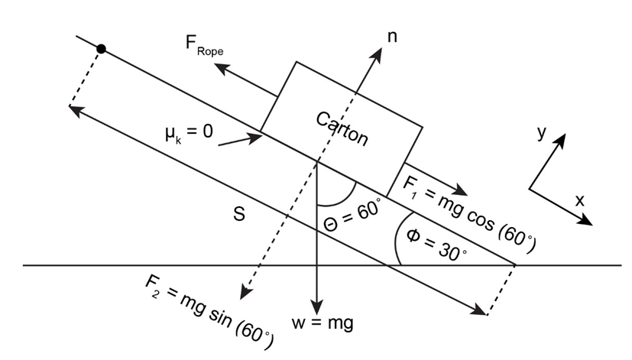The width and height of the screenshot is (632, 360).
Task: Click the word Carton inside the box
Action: click(x=342, y=128)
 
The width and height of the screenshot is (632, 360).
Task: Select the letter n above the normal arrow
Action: click(x=393, y=36)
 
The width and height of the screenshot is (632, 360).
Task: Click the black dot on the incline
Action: click(x=101, y=49)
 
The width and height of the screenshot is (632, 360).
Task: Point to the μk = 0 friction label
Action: click(x=189, y=131)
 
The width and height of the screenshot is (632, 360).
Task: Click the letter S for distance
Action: click(x=238, y=216)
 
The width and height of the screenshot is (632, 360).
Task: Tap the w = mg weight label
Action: click(x=322, y=323)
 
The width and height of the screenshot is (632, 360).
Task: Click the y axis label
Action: click(x=541, y=132)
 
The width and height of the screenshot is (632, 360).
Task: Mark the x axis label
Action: click(x=579, y=200)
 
